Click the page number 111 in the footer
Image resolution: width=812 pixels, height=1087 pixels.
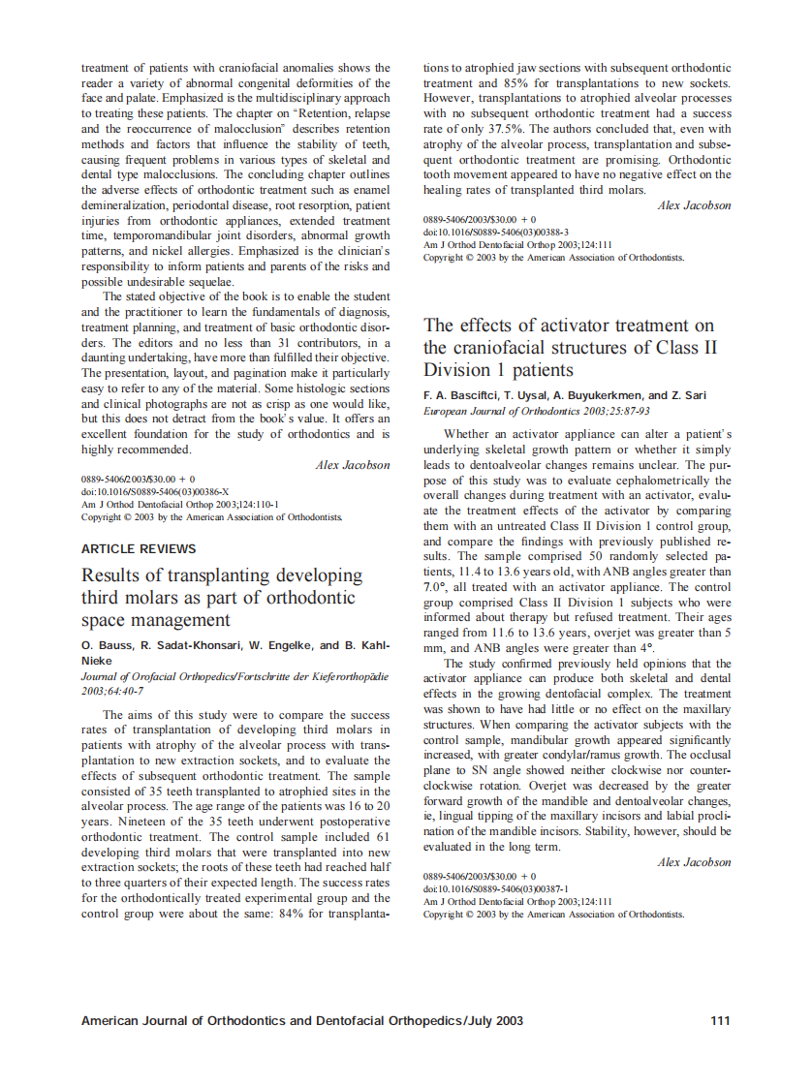[720, 1020]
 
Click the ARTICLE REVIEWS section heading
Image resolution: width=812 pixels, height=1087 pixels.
[139, 549]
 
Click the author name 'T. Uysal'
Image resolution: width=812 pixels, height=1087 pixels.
[532, 395]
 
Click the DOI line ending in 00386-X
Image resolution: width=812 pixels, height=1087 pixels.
[155, 492]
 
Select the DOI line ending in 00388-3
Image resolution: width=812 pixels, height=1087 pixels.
[496, 233]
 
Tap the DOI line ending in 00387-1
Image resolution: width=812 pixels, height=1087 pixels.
[496, 888]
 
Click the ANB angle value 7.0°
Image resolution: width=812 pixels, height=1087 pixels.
[438, 587]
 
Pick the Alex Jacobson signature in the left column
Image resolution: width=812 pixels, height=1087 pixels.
[353, 465]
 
